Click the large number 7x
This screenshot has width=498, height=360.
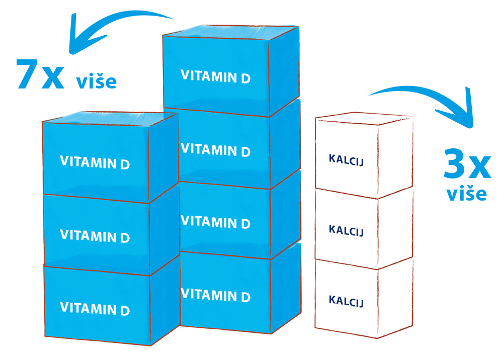tap(40, 73)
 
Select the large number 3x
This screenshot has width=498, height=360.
tap(467, 163)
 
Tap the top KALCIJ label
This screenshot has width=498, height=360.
tap(346, 160)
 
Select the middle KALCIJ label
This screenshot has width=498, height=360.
tap(346, 230)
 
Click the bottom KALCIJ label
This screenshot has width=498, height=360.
tap(346, 301)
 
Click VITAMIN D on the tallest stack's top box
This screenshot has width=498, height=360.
tap(216, 76)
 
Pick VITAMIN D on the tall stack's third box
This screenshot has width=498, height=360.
tap(216, 222)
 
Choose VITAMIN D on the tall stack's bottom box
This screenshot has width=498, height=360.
tap(216, 295)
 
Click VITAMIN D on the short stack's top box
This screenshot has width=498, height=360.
tap(95, 162)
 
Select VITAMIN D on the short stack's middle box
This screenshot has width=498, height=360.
tap(95, 236)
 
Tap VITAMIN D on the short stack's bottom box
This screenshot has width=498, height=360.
tap(95, 308)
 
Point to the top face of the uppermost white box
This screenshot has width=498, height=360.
tap(364, 119)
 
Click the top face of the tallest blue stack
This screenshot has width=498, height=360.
tap(230, 32)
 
